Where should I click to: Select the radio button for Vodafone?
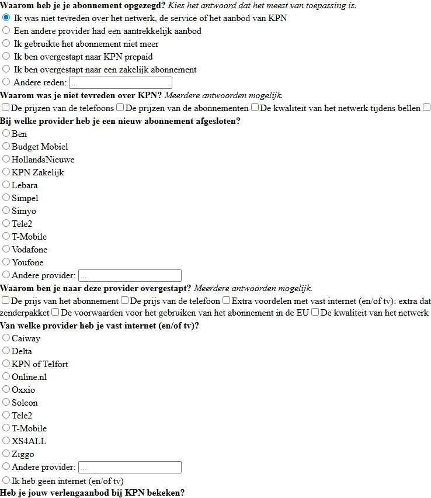pos(6,250)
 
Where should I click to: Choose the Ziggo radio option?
pos(6,454)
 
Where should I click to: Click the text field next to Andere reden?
pos(120,83)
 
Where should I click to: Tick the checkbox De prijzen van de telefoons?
pos(6,108)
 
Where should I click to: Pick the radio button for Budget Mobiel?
pos(6,147)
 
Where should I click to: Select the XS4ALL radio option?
pos(6,441)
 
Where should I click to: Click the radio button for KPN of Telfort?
pos(6,364)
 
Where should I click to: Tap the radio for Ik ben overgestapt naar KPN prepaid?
pos(6,57)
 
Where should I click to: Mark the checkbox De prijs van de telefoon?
pos(124,301)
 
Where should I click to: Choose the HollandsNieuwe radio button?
pos(6,160)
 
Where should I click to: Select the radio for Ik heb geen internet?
pos(6,481)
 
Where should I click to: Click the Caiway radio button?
pos(6,338)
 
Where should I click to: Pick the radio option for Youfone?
pos(6,262)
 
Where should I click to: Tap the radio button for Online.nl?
pos(6,377)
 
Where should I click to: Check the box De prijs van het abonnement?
pos(6,301)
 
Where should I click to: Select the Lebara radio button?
pos(6,185)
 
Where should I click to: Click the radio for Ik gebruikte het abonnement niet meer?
pos(6,44)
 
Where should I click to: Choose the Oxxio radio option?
pos(6,390)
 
